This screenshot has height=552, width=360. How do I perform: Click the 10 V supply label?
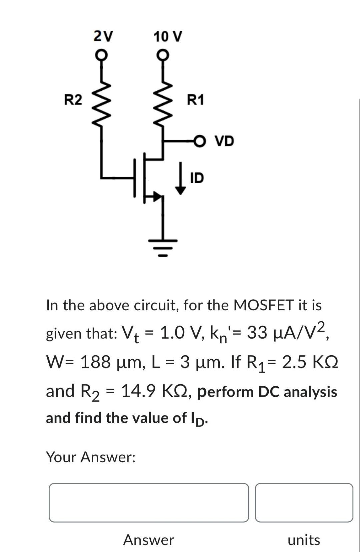[x=168, y=36]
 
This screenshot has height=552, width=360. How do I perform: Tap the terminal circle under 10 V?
[x=162, y=54]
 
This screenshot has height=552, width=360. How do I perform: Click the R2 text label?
[x=73, y=100]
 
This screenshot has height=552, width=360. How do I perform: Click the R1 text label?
[x=195, y=100]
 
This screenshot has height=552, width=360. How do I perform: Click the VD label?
[x=224, y=141]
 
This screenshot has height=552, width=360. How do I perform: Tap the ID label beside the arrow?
[x=197, y=178]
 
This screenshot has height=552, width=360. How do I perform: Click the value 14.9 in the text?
[x=138, y=391]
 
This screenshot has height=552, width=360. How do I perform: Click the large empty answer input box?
[x=149, y=502]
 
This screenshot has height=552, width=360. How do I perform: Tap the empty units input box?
[x=304, y=502]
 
